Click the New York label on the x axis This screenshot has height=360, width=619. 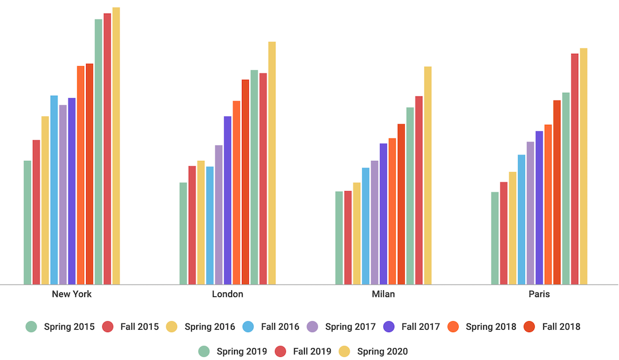[x=72, y=294]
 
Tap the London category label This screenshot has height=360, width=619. [x=228, y=294]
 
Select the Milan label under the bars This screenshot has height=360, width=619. [x=383, y=294]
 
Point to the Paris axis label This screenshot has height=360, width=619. [x=539, y=294]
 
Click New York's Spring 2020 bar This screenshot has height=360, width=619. [x=116, y=146]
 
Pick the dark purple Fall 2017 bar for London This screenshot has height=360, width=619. [x=228, y=200]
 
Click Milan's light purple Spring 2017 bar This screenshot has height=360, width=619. [x=374, y=223]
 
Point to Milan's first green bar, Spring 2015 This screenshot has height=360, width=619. [x=339, y=238]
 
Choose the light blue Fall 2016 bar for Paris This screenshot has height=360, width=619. [x=522, y=220]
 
